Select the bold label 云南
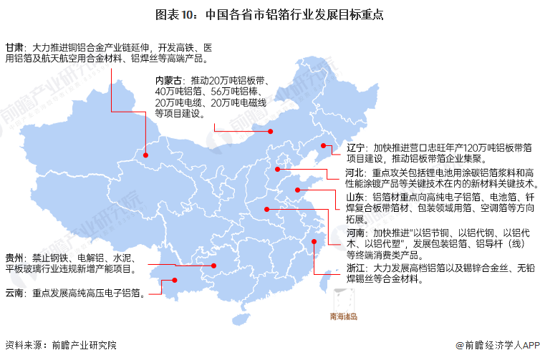(14, 293)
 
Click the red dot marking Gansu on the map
(145, 154)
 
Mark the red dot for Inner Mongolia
(271, 131)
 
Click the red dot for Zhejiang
(314, 242)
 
